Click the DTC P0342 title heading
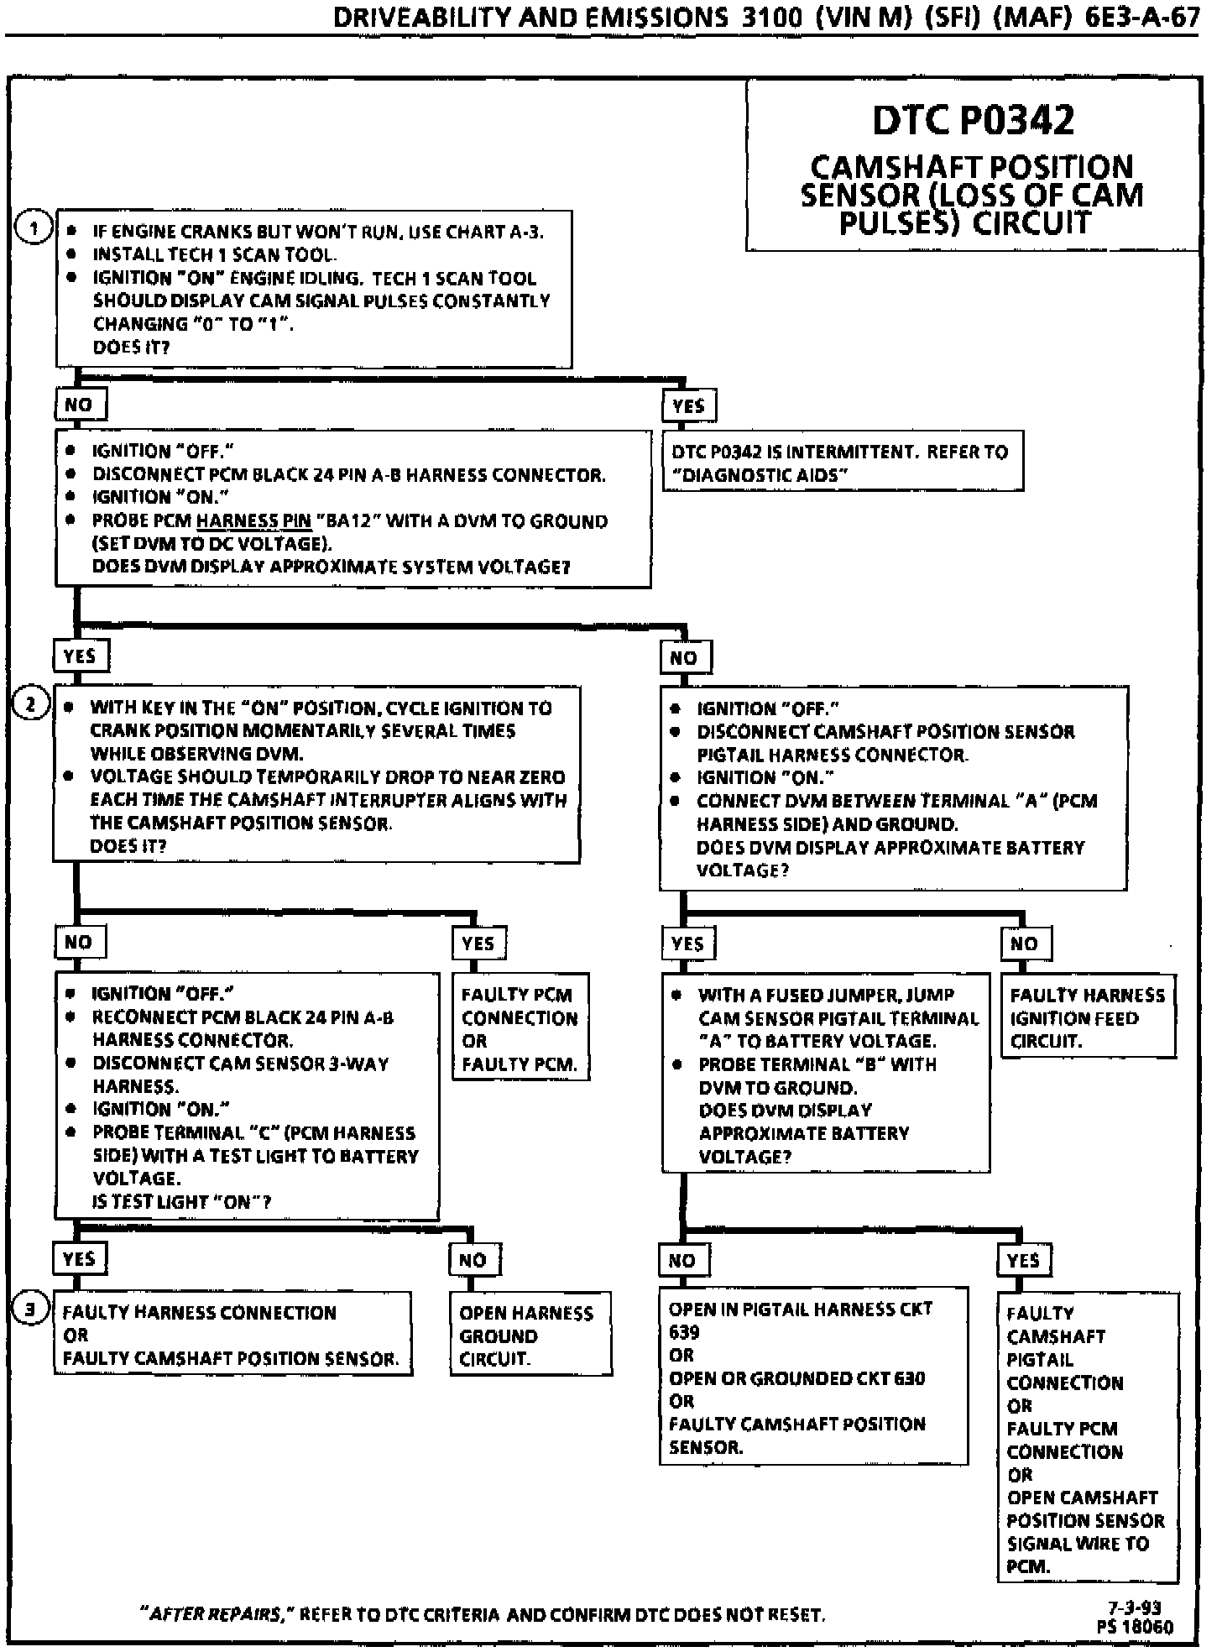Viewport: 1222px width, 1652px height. tap(973, 120)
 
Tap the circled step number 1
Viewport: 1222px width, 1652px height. tap(34, 228)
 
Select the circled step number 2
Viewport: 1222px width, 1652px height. tap(32, 704)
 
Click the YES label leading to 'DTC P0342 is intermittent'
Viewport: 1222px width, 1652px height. tap(689, 406)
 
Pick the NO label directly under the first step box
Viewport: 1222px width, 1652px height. tap(79, 405)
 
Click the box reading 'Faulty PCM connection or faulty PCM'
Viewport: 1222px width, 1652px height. tap(520, 1029)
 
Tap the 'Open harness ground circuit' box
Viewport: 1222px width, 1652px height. tap(527, 1336)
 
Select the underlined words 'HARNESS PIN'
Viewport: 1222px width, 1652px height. tap(253, 521)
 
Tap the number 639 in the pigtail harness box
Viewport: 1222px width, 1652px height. tap(684, 1332)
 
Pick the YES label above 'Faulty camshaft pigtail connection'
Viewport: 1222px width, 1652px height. tap(1023, 1260)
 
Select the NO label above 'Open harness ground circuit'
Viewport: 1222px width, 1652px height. tap(473, 1259)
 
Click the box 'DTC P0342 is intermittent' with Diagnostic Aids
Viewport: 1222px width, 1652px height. tap(843, 463)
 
